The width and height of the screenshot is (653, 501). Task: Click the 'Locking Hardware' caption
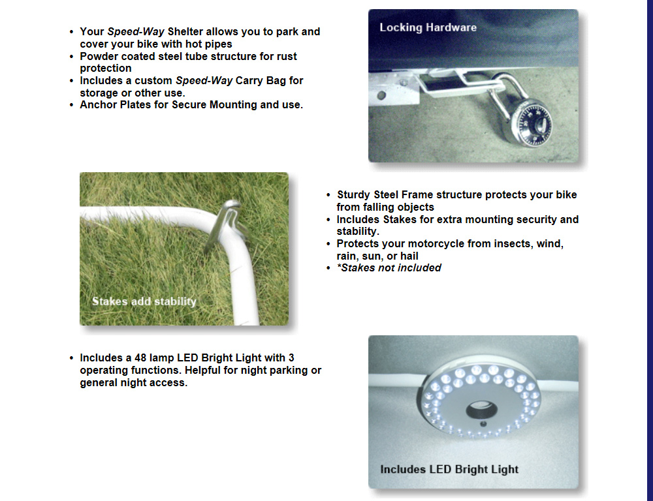pos(428,27)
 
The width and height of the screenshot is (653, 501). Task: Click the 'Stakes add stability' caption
pos(144,301)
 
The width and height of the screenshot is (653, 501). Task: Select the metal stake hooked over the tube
pos(225,224)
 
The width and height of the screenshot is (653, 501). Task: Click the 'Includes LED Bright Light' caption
pos(449,470)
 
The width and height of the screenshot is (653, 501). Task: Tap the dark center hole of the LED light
pos(481,410)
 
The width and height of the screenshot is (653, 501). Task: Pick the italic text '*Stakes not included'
pos(389,267)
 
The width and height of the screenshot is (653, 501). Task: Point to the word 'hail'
pos(409,256)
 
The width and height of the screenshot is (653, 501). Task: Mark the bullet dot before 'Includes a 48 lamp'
pos(72,358)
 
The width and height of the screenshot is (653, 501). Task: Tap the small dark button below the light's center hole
pos(483,425)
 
